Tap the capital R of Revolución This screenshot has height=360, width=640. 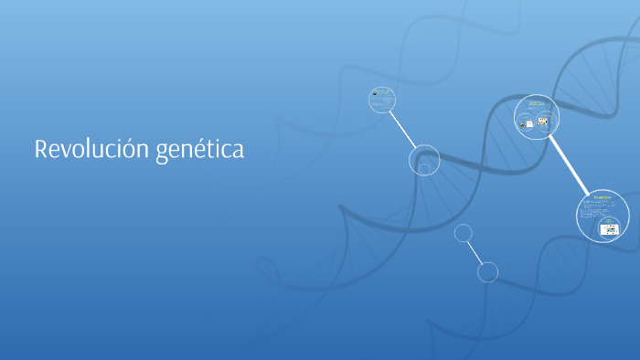tap(41, 149)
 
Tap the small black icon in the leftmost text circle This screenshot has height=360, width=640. tap(374, 93)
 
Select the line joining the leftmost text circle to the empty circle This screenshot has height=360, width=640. tap(403, 129)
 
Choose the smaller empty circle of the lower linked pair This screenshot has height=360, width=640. tap(464, 233)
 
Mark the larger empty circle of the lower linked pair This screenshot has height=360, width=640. tap(488, 271)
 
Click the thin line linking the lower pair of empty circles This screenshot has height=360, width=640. tap(475, 252)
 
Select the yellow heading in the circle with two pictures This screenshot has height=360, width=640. tap(537, 103)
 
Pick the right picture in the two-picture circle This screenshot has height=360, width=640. tap(542, 122)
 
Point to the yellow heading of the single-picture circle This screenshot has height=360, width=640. tap(602, 197)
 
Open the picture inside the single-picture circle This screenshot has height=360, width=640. tap(609, 229)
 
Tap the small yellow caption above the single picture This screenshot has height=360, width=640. tap(608, 220)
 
